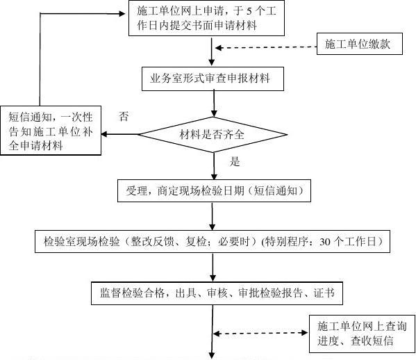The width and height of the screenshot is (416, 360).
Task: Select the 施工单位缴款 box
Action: tap(358, 45)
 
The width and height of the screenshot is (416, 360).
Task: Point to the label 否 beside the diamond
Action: tap(124, 116)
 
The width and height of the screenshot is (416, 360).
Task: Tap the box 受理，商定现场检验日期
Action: tap(213, 190)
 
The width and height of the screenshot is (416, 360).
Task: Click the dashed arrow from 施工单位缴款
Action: tap(264, 47)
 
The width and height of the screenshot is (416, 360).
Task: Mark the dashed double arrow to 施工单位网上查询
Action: tap(260, 334)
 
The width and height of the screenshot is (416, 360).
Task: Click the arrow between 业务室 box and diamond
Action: tap(213, 101)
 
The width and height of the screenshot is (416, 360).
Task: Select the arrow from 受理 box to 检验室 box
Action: tap(213, 215)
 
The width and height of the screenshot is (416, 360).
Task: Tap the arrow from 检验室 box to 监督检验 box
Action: tap(213, 267)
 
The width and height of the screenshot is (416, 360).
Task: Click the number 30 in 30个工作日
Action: tap(324, 243)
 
